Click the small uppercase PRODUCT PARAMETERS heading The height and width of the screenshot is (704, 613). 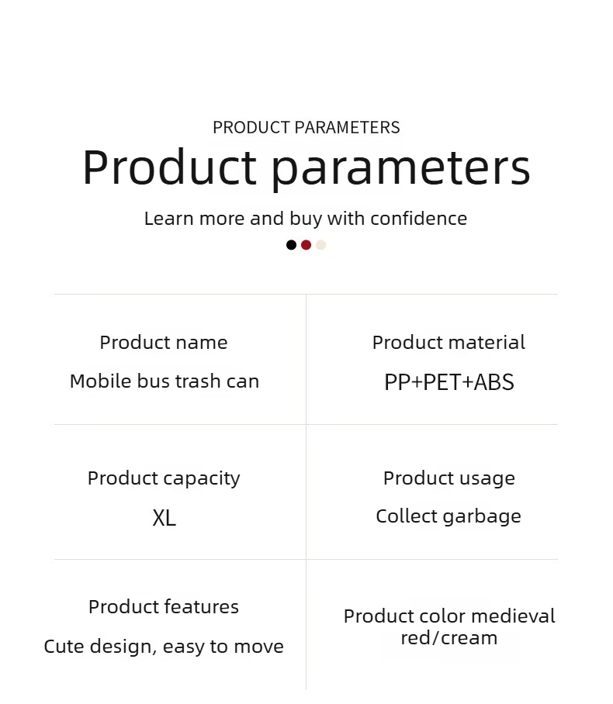(306, 127)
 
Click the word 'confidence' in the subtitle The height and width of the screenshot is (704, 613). (419, 219)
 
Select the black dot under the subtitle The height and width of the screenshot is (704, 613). (291, 245)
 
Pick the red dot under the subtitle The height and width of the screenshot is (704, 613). (306, 245)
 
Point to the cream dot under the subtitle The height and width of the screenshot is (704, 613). (321, 245)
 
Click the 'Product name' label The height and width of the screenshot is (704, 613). (164, 343)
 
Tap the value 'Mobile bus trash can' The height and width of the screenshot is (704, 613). (165, 381)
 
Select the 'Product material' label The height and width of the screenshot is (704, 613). (448, 343)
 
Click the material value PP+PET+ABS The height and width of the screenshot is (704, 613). (449, 382)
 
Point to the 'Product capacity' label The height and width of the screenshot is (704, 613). (164, 478)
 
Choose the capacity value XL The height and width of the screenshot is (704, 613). (164, 518)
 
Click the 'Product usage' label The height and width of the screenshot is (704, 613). (449, 478)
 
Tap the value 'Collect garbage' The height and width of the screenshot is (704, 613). (448, 517)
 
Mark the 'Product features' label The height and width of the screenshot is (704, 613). (164, 607)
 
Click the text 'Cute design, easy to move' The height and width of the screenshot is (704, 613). (164, 647)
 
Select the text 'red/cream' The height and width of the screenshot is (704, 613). (449, 638)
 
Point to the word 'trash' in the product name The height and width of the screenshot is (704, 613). (198, 381)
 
